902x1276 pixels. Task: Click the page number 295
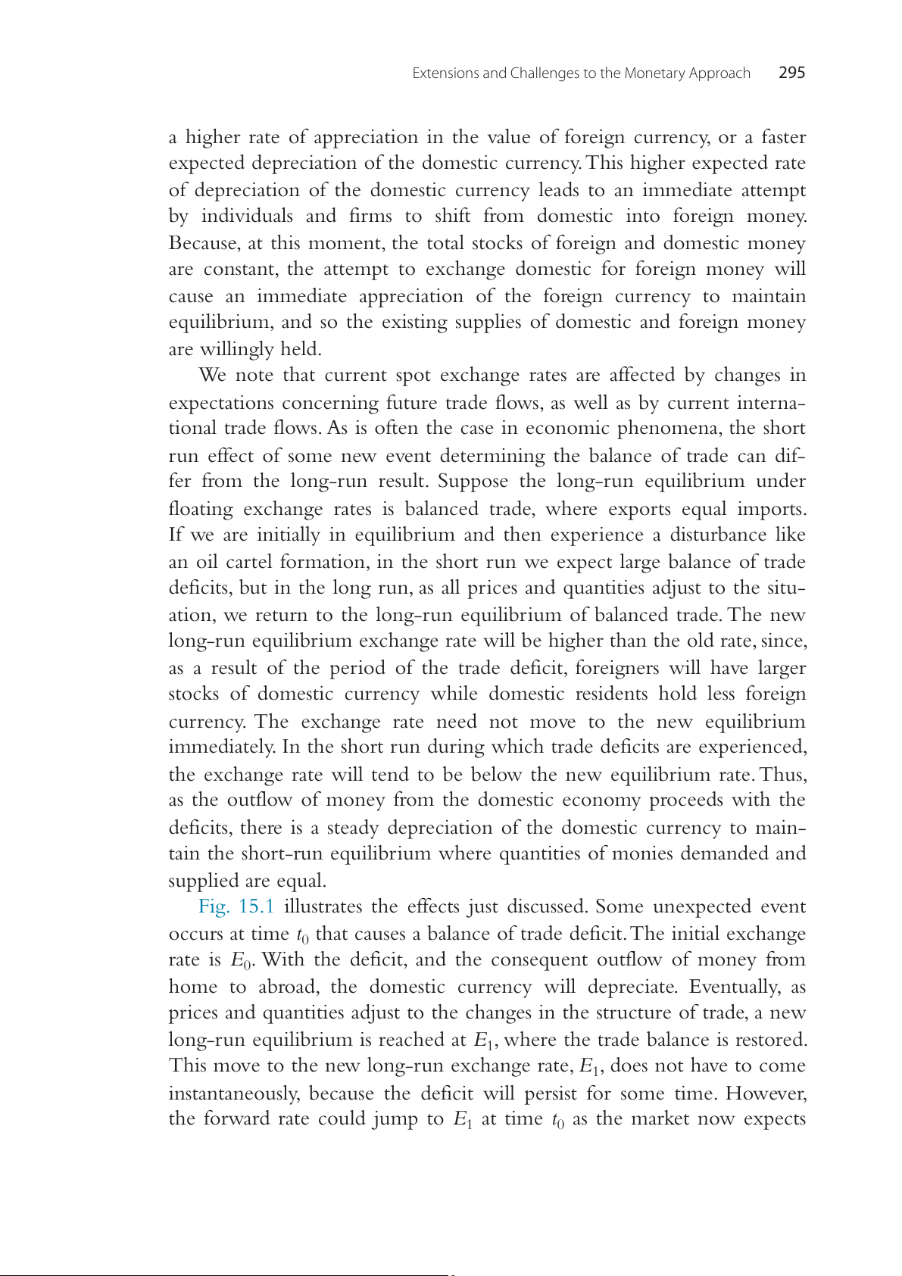tap(791, 73)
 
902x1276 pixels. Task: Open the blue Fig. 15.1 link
tap(236, 906)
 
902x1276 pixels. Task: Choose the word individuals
tap(247, 217)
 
